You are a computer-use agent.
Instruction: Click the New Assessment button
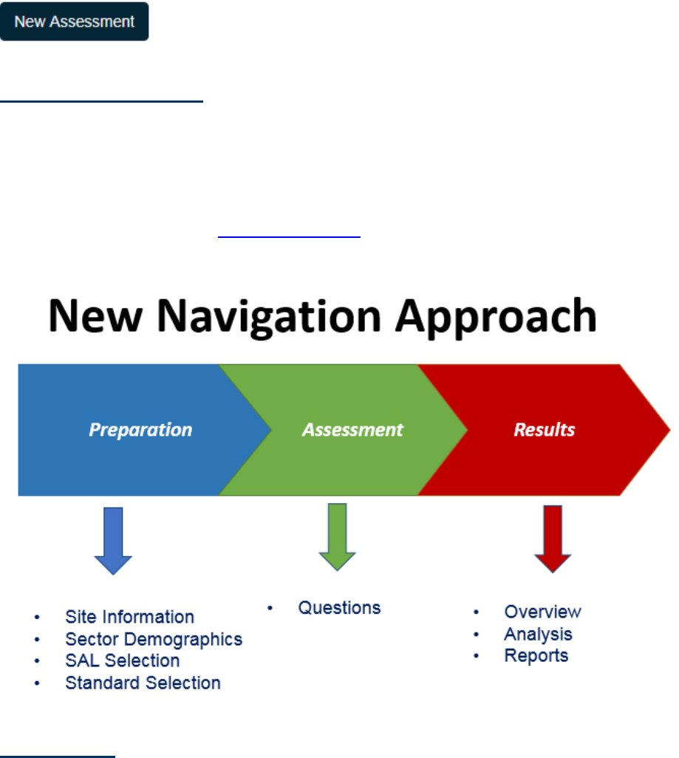coord(74,21)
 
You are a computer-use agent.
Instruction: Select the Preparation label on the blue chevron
coord(140,429)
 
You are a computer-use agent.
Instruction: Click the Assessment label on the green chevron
coord(352,429)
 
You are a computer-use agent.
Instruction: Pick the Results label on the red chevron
coord(545,429)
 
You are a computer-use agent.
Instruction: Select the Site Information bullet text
coord(129,617)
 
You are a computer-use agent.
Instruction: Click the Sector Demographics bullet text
coord(154,639)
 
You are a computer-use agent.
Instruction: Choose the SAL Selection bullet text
coord(122,660)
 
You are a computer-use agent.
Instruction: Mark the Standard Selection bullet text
coord(143,683)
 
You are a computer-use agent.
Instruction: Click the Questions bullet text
coord(339,608)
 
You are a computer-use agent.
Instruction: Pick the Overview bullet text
coord(542,612)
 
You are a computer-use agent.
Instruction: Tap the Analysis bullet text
coord(538,634)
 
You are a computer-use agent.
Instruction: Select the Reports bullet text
coord(536,655)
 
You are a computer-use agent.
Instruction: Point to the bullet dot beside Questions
coord(270,609)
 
